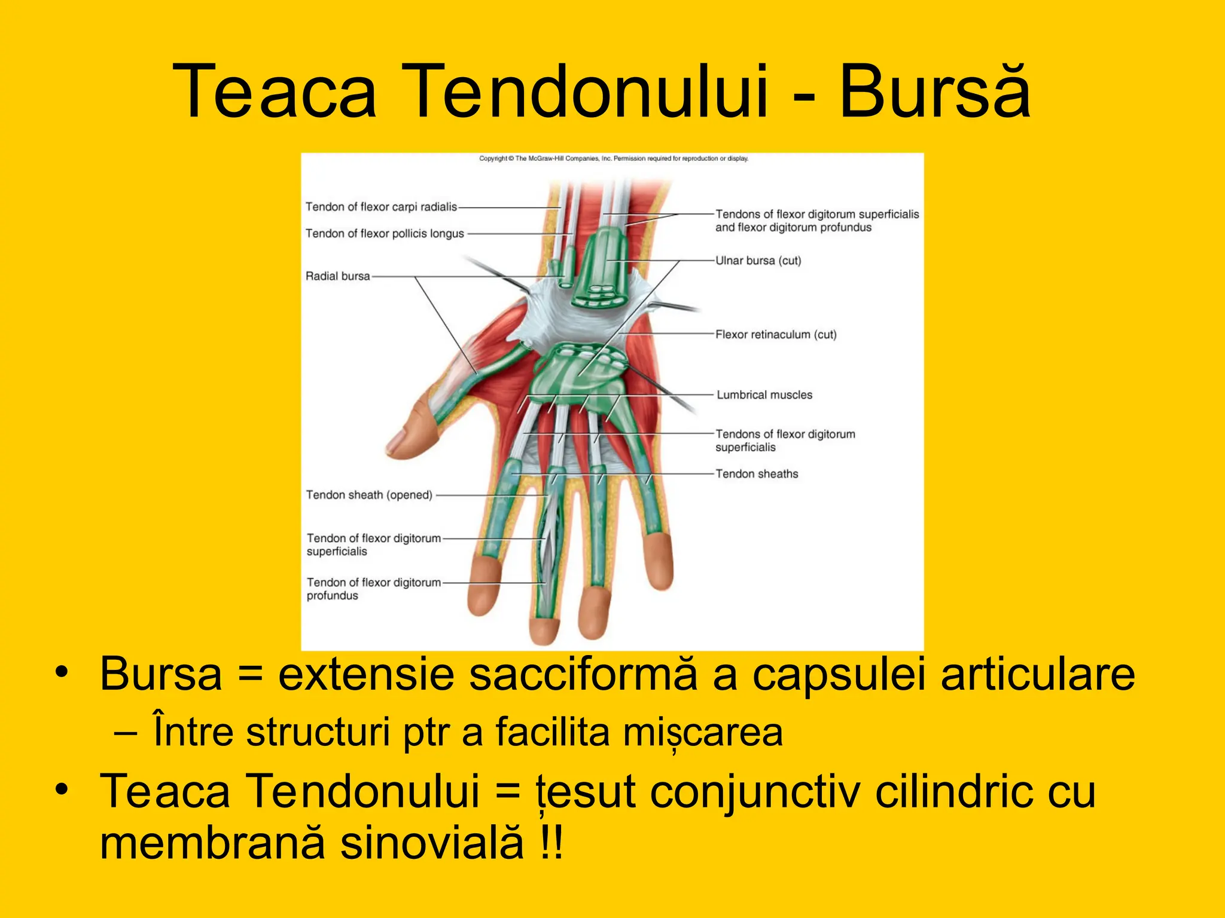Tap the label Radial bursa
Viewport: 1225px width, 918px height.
coord(337,276)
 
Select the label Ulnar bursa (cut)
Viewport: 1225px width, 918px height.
coord(758,261)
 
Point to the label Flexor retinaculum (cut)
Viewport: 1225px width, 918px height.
coord(776,335)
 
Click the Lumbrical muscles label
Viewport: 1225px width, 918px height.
coord(764,395)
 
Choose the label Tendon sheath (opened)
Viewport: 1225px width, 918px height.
coord(369,495)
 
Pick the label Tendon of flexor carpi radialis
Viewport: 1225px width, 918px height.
coord(381,207)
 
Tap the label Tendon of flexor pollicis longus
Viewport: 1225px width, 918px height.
coord(385,233)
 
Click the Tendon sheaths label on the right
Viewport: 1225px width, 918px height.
coord(757,474)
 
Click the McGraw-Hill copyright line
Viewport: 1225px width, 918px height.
coord(613,158)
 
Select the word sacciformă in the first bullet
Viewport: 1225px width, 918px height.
coord(583,674)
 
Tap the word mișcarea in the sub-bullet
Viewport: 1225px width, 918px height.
coord(703,732)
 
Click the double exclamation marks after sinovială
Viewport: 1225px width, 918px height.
coord(550,842)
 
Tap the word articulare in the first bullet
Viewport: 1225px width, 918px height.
coord(1038,674)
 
